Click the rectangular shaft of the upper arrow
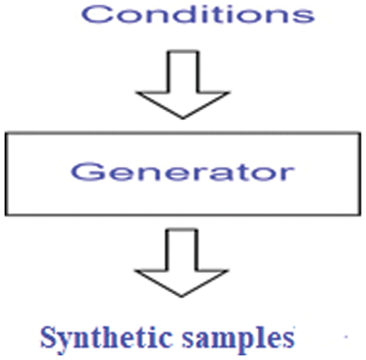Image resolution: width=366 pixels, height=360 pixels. (174, 71)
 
